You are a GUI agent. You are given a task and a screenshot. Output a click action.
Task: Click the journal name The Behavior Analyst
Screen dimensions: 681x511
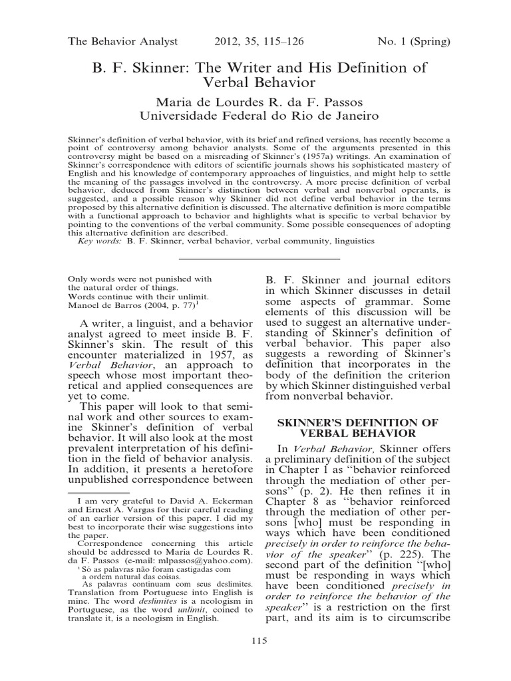click(123, 41)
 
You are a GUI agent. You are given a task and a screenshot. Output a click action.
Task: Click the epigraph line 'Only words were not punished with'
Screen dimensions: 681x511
click(140, 279)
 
